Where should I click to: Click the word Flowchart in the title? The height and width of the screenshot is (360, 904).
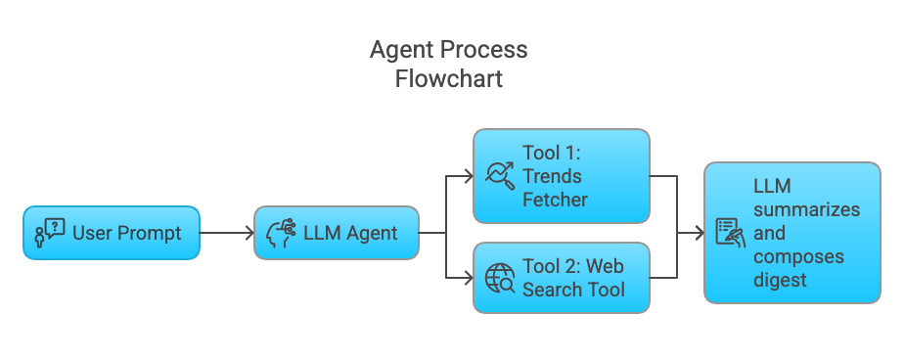pyautogui.click(x=449, y=79)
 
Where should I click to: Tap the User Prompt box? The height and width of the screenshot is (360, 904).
pyautogui.click(x=112, y=233)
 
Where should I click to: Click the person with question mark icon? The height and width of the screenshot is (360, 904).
pyautogui.click(x=49, y=233)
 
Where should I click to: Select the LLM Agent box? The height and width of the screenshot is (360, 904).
pyautogui.click(x=337, y=233)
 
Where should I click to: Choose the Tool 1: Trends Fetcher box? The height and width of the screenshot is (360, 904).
pyautogui.click(x=561, y=176)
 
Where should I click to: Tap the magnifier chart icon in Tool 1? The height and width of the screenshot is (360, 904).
pyautogui.click(x=501, y=176)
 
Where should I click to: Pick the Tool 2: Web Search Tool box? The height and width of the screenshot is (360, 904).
pyautogui.click(x=561, y=278)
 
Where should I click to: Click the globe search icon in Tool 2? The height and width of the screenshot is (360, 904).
pyautogui.click(x=501, y=278)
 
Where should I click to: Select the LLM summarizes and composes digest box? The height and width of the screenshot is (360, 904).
pyautogui.click(x=791, y=233)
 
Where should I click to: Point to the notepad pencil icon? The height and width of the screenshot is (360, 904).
pyautogui.click(x=730, y=233)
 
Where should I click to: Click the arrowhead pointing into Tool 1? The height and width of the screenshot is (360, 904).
pyautogui.click(x=467, y=177)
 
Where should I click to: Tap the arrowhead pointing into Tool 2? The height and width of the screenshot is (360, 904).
pyautogui.click(x=467, y=278)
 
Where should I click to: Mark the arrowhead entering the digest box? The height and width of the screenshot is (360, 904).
pyautogui.click(x=698, y=233)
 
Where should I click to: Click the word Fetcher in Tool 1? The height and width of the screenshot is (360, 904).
pyautogui.click(x=556, y=200)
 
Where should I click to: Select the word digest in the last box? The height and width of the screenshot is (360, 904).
pyautogui.click(x=780, y=281)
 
